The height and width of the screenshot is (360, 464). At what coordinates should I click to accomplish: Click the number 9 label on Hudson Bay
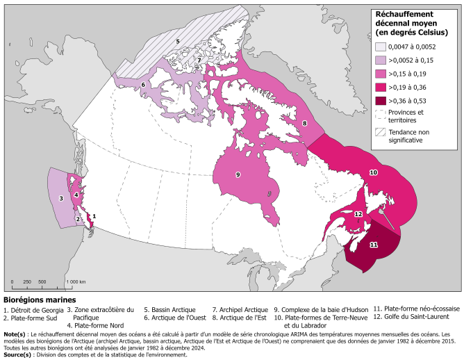click(x=238, y=174)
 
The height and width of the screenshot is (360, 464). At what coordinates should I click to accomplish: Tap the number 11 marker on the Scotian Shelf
click(x=373, y=245)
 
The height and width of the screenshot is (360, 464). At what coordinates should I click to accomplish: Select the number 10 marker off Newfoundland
click(x=373, y=172)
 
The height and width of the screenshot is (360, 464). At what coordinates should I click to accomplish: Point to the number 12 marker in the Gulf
click(x=358, y=214)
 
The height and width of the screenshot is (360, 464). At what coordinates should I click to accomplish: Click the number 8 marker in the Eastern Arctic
click(x=305, y=123)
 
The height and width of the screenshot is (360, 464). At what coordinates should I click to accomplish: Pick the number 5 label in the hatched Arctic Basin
click(x=178, y=42)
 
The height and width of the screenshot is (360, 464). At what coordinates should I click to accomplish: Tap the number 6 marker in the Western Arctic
click(x=143, y=85)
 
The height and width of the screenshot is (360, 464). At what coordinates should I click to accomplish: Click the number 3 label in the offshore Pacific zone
click(x=61, y=198)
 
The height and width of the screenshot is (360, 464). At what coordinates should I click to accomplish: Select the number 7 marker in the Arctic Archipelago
click(x=199, y=60)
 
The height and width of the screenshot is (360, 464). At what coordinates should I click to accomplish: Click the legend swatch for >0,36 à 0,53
click(x=381, y=100)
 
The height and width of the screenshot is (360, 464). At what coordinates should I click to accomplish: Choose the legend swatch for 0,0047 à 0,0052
click(x=381, y=47)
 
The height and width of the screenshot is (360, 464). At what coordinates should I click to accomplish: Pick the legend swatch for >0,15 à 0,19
click(x=381, y=74)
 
